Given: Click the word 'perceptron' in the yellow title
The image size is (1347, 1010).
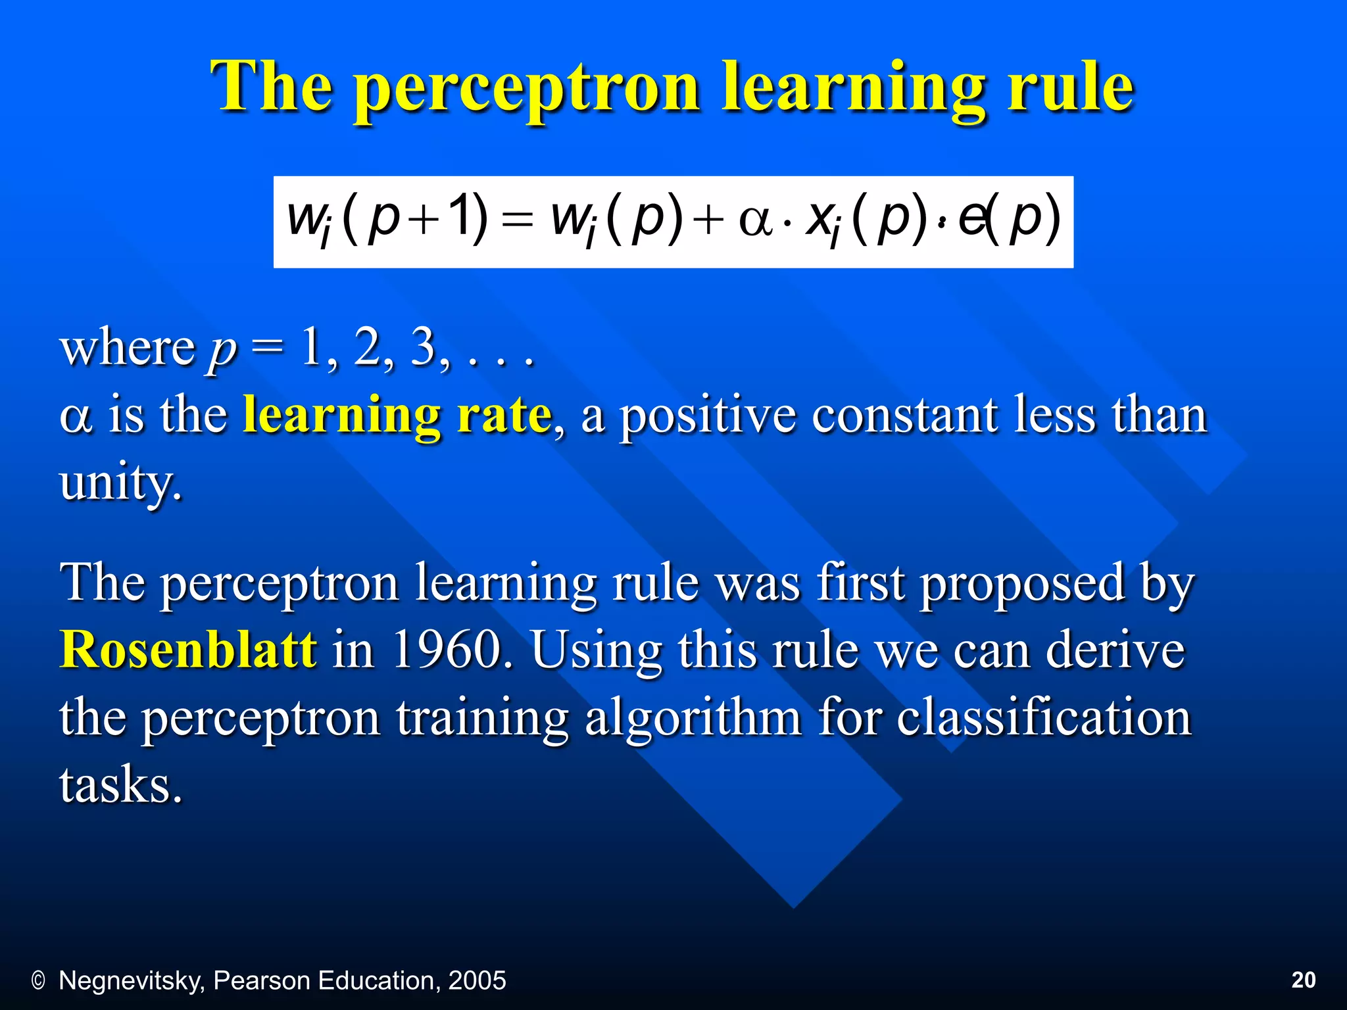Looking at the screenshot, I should (x=526, y=89).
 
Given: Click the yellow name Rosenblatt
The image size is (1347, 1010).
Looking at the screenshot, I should (x=188, y=650).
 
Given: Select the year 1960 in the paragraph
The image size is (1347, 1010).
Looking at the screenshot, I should (x=447, y=650).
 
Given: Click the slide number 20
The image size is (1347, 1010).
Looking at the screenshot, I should (x=1303, y=980).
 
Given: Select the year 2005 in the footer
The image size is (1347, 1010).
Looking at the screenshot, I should (x=477, y=980).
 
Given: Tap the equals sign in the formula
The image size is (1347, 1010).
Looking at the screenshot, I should (x=516, y=220).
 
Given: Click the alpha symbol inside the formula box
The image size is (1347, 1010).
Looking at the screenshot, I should (x=754, y=220).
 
